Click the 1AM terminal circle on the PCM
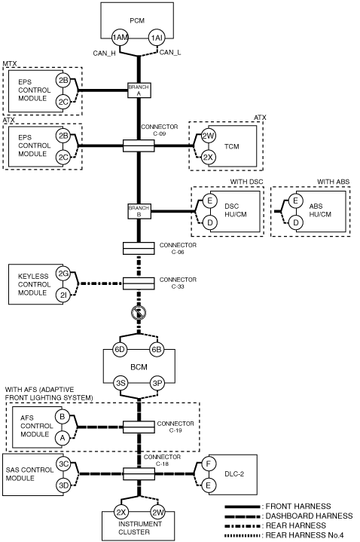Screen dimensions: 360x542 click(120, 38)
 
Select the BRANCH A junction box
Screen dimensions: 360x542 click(139, 90)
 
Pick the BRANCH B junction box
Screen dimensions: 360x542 click(139, 211)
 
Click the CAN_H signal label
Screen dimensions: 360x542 click(104, 54)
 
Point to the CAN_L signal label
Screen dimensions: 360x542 click(170, 53)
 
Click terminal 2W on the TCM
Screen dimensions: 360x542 click(208, 136)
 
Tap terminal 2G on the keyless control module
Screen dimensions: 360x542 click(63, 274)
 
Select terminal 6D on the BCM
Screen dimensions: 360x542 click(120, 350)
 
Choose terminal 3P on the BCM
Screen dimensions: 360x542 click(157, 383)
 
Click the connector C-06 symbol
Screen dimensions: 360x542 click(139, 249)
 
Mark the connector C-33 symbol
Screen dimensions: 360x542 click(139, 283)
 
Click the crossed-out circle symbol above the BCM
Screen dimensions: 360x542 click(139, 313)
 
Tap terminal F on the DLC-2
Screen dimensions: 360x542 click(208, 464)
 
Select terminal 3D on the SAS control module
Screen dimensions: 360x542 click(63, 485)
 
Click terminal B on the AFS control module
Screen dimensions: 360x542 click(63, 417)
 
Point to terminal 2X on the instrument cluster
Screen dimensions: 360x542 click(121, 513)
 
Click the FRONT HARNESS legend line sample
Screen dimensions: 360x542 click(243, 507)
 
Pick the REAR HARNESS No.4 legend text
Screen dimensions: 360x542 click(304, 535)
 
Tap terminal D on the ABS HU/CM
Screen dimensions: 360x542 click(296, 222)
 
